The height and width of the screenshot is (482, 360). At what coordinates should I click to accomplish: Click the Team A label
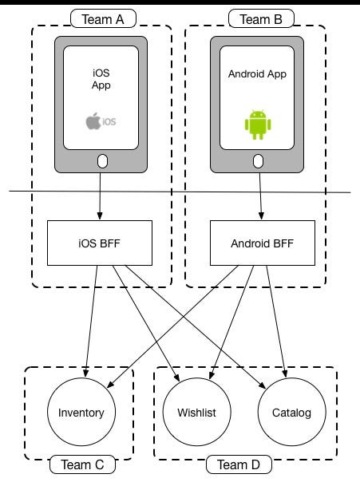(x=101, y=18)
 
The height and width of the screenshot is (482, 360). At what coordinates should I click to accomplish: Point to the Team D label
(x=239, y=464)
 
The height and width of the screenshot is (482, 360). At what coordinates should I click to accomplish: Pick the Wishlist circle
(x=196, y=413)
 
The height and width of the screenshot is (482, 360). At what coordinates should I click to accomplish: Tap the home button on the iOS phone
(x=101, y=162)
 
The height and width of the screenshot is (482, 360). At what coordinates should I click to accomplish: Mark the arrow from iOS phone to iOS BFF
(x=101, y=196)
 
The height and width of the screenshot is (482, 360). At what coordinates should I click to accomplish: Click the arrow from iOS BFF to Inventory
(x=89, y=319)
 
